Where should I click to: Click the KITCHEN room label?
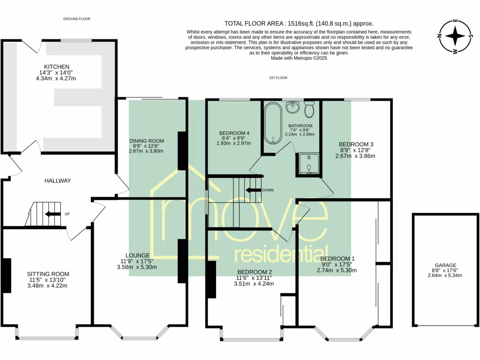click(x=57, y=67)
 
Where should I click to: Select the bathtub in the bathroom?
click(x=273, y=124)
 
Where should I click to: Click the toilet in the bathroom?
click(x=309, y=109)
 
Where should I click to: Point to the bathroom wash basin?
click(x=293, y=107)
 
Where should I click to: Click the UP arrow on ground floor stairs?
click(x=52, y=214)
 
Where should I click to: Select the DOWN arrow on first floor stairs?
click(x=253, y=190)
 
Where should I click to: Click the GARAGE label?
click(x=445, y=265)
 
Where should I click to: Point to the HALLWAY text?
click(x=58, y=180)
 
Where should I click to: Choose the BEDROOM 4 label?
click(x=234, y=133)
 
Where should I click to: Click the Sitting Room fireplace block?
click(x=7, y=276)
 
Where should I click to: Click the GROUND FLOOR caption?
click(x=77, y=19)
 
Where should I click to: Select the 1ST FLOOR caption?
click(x=278, y=78)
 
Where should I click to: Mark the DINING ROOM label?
click(x=147, y=141)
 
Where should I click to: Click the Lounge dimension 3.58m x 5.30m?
click(x=137, y=267)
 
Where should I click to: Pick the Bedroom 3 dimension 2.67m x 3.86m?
click(x=355, y=156)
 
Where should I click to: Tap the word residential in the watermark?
click(x=281, y=254)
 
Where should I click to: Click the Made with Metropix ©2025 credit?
click(x=299, y=58)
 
